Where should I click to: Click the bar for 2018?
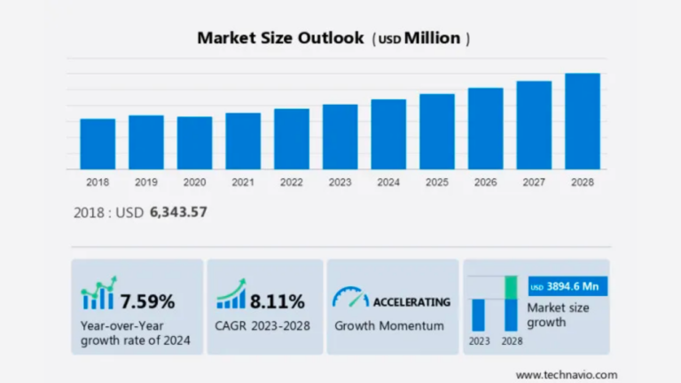point(98,144)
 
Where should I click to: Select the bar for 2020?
point(194,143)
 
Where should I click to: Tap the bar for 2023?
point(340,137)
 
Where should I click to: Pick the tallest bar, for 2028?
point(583,121)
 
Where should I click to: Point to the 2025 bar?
point(437,131)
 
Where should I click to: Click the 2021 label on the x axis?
point(243,183)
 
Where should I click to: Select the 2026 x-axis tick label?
point(486,183)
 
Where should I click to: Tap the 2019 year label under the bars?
point(146,183)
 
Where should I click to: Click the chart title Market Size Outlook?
point(280,38)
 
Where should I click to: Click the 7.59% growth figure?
point(148,301)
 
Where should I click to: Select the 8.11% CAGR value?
point(277,301)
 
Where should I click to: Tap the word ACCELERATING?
point(411,301)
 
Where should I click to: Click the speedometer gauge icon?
point(350,298)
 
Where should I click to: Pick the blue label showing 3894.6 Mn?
point(566,287)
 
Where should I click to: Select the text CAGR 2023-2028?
point(262,325)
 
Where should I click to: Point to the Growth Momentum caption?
point(389,325)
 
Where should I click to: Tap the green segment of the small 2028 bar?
point(511,287)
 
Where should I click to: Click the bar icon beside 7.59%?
point(98,297)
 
